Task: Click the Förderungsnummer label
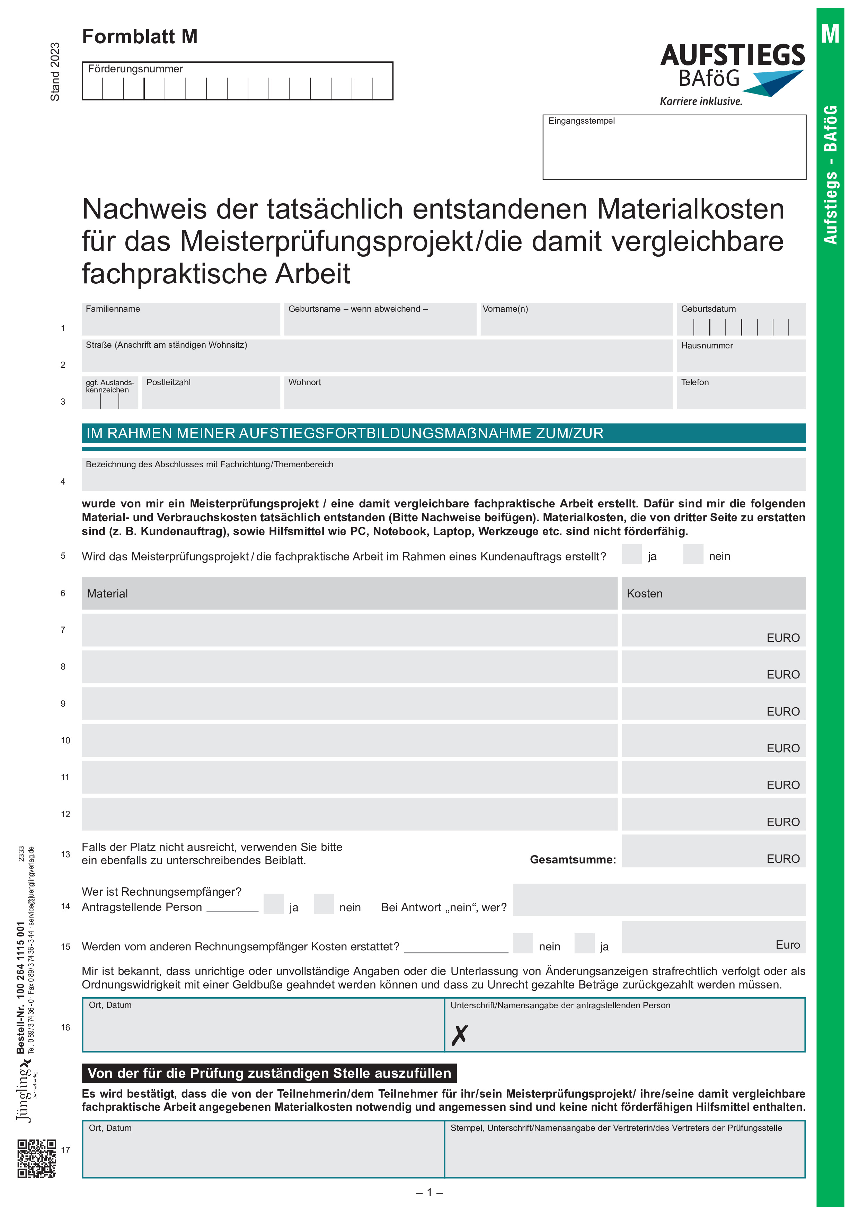click(x=135, y=69)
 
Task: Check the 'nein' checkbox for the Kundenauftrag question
click(x=692, y=554)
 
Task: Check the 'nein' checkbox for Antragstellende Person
click(x=324, y=904)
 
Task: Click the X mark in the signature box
click(x=459, y=1035)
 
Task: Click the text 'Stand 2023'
click(x=55, y=72)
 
